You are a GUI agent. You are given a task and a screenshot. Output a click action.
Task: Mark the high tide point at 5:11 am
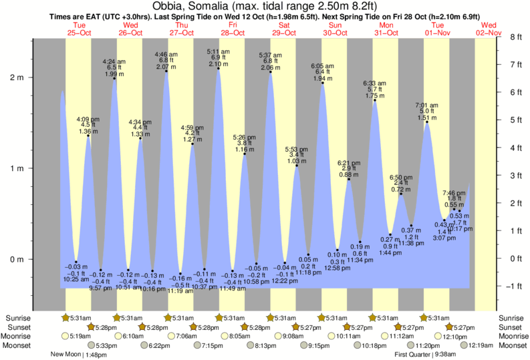coord(219,68)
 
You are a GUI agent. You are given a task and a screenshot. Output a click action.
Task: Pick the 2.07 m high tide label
coord(166,67)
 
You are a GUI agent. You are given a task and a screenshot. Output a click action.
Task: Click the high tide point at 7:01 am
coord(427,122)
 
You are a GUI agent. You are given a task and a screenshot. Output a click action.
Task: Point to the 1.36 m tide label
coord(88,132)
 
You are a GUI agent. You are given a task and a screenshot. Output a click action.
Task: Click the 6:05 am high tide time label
coord(323,66)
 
